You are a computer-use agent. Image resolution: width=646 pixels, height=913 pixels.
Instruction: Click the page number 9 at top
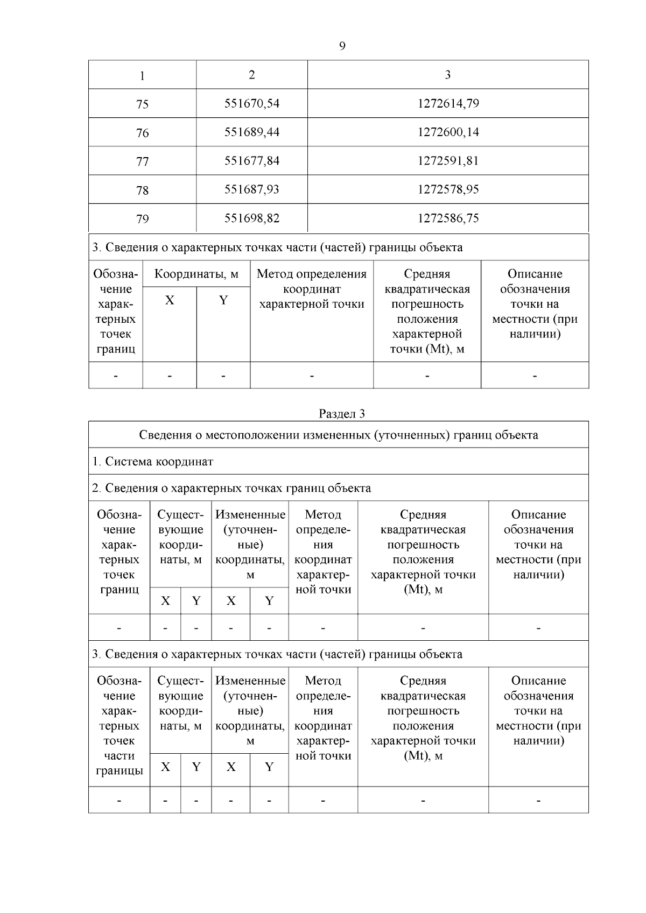[x=342, y=46]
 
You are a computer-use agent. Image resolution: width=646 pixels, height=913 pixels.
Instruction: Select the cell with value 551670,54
[x=252, y=103]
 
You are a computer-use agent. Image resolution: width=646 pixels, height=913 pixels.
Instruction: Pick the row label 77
[x=142, y=161]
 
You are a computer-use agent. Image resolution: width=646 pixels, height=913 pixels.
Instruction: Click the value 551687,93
[x=252, y=189]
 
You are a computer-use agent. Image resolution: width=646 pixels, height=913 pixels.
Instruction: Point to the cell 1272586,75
[x=448, y=218]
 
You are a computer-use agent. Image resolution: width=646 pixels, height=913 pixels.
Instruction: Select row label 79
[x=142, y=219]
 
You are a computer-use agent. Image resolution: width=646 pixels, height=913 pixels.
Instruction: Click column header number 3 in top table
[x=448, y=75]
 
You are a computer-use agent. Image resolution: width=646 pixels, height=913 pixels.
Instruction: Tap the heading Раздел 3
[x=342, y=414]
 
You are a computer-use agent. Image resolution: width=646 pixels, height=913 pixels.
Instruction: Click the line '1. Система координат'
[x=153, y=462]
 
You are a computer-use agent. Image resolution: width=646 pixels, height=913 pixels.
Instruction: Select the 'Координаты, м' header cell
[x=196, y=274]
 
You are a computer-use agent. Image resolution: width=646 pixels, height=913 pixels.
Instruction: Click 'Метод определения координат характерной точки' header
[x=312, y=289]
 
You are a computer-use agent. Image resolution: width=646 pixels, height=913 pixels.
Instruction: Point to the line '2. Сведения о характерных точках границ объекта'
[x=231, y=488]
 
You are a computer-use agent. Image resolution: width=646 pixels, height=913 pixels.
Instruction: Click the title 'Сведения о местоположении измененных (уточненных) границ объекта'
[x=338, y=435]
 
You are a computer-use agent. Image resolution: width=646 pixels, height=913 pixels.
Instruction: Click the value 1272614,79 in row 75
[x=448, y=103]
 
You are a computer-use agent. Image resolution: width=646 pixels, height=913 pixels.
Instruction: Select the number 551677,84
[x=252, y=161]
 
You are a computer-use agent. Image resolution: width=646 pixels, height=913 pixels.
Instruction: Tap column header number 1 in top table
[x=142, y=75]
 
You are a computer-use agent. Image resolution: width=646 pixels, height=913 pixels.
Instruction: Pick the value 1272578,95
[x=448, y=189]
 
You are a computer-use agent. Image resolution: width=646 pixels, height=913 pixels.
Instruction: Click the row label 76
[x=142, y=132]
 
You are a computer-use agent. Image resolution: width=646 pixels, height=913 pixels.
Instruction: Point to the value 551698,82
[x=252, y=218]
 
